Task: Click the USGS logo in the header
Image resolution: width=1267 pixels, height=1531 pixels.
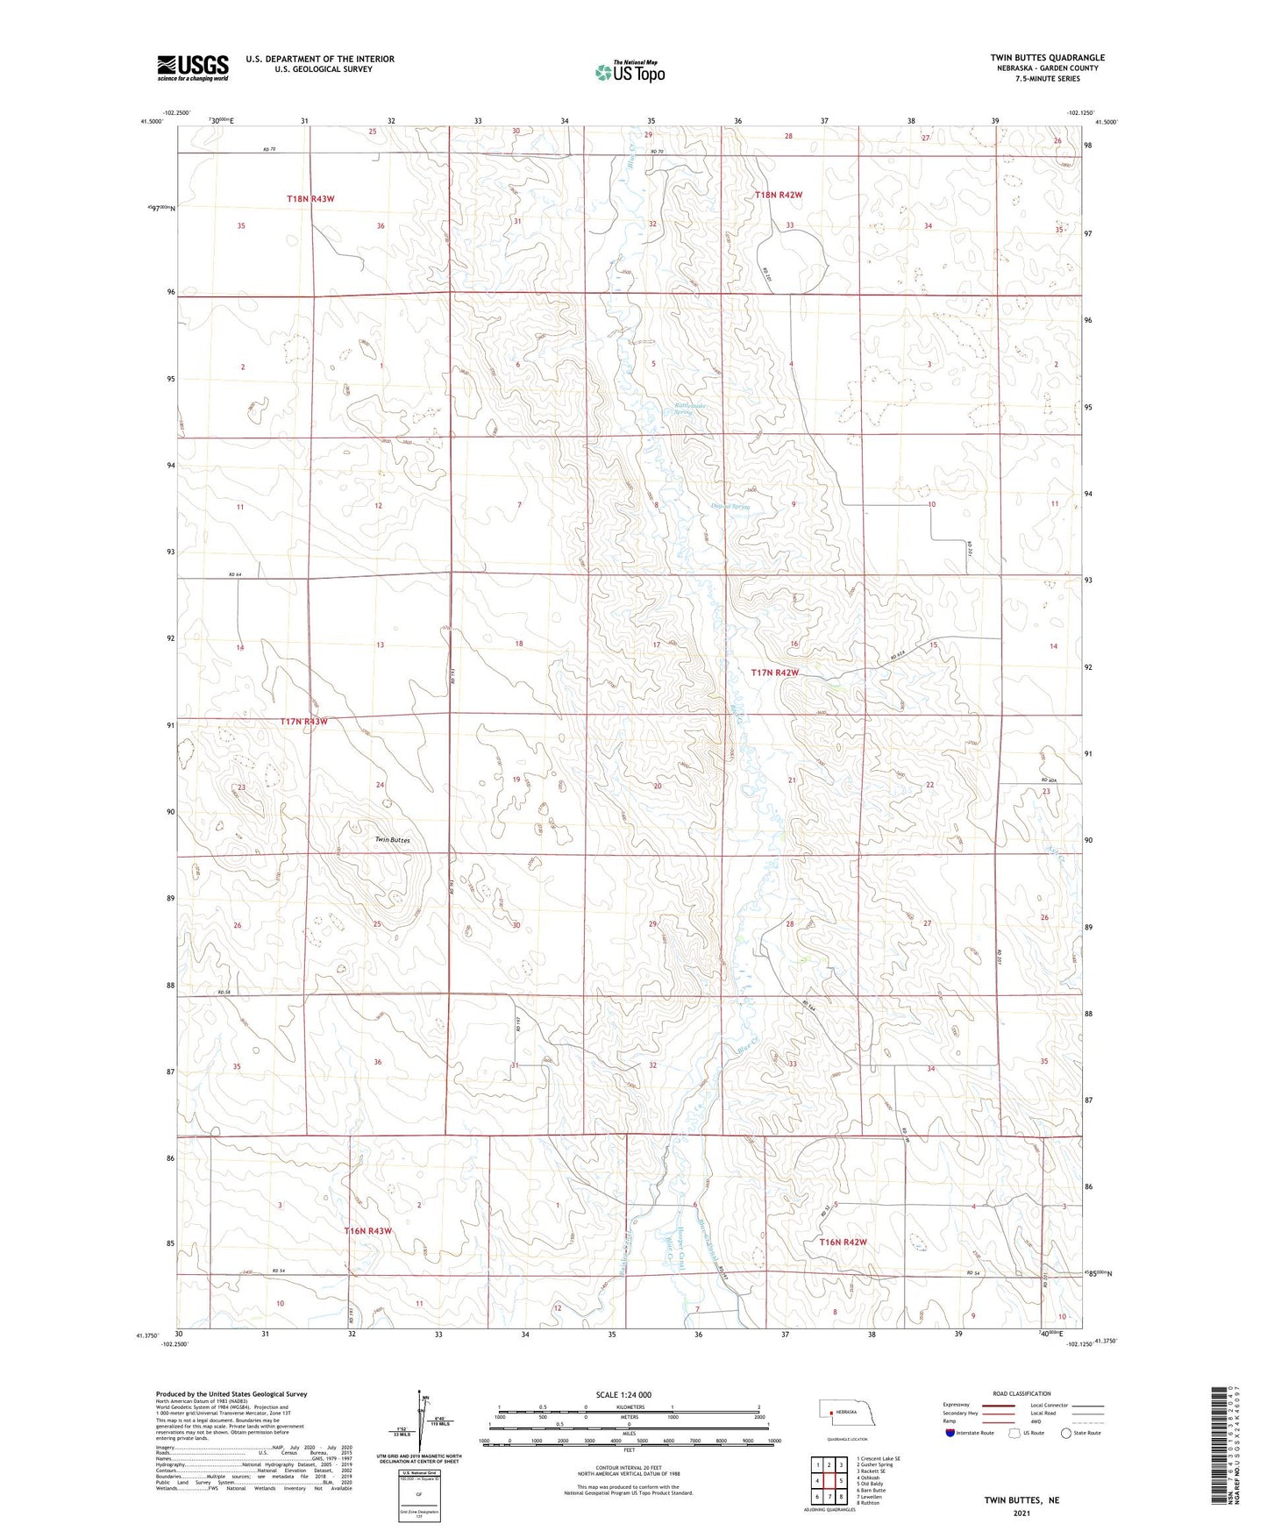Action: [193, 67]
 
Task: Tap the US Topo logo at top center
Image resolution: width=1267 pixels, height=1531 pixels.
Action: [629, 72]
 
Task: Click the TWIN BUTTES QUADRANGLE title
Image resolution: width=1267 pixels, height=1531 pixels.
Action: [1047, 58]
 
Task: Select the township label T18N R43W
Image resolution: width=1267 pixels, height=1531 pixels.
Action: [310, 199]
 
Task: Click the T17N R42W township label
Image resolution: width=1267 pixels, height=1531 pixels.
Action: [775, 673]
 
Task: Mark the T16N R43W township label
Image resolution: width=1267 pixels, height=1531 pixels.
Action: [367, 1230]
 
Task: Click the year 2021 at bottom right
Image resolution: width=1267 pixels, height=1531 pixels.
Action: [1021, 1513]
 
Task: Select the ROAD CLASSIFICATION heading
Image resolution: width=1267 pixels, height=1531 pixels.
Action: [1021, 1393]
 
